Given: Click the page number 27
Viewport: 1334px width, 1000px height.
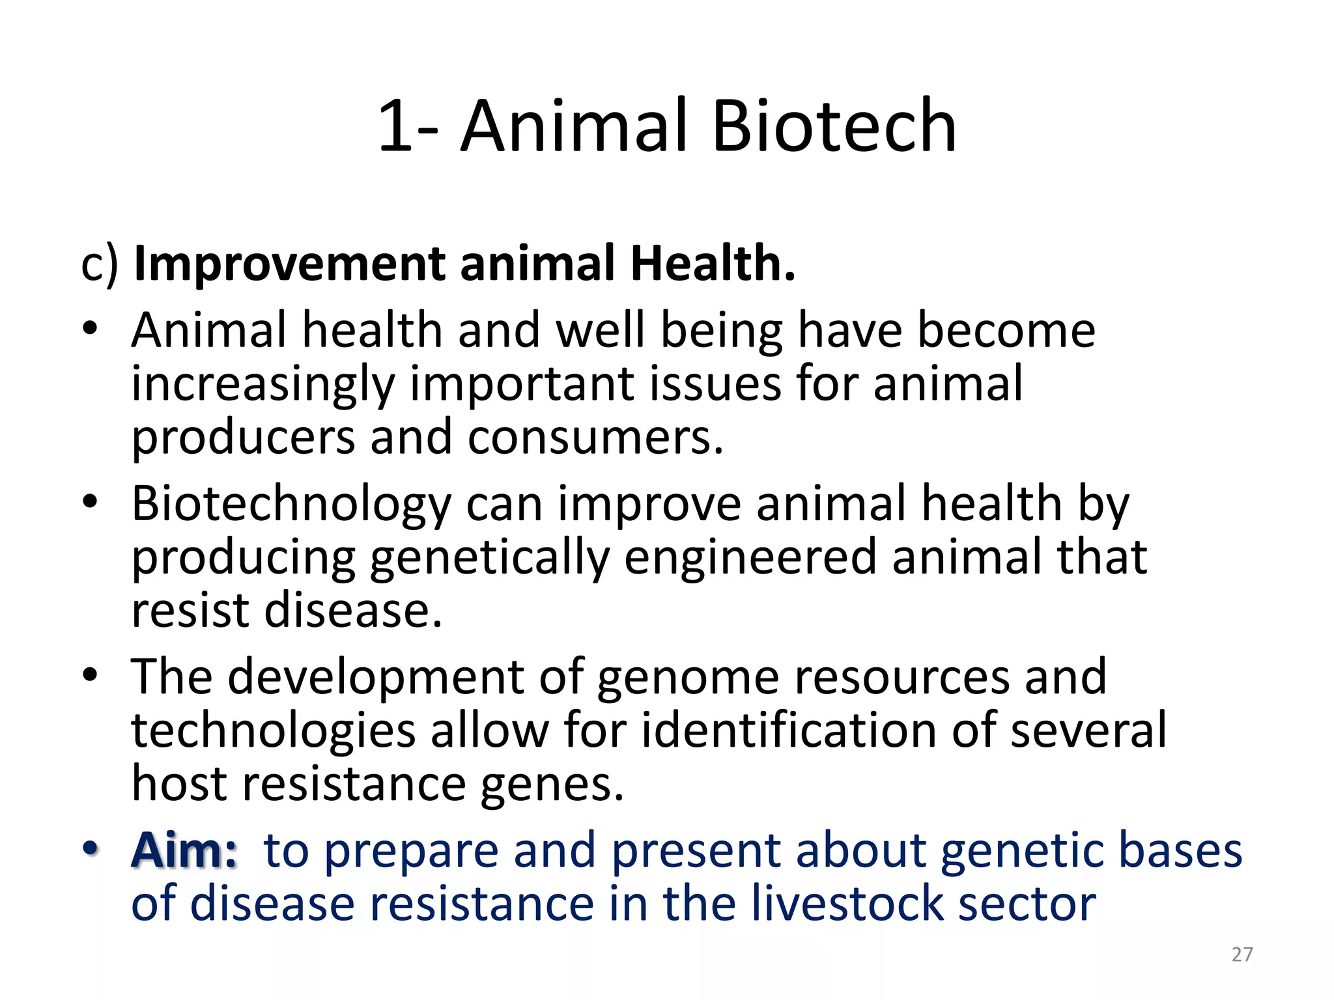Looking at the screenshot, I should pyautogui.click(x=1242, y=954).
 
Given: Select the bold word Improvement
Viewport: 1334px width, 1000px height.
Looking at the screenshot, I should pyautogui.click(x=289, y=264).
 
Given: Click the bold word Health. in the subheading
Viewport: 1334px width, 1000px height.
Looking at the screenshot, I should pyautogui.click(x=713, y=264).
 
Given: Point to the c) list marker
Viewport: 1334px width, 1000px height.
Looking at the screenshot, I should pyautogui.click(x=99, y=265).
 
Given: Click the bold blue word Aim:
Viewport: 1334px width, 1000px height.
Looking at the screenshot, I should pyautogui.click(x=184, y=851).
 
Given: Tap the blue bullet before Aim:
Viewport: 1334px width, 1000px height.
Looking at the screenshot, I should pyautogui.click(x=91, y=848).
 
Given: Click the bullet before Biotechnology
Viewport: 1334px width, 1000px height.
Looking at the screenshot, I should pyautogui.click(x=91, y=501).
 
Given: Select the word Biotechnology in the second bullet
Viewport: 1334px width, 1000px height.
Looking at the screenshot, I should pyautogui.click(x=291, y=505).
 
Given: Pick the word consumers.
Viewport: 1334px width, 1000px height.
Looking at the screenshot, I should pyautogui.click(x=595, y=437).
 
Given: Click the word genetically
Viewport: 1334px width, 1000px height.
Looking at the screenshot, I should pyautogui.click(x=490, y=559).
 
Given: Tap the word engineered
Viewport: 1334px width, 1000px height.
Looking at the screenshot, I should pyautogui.click(x=750, y=559).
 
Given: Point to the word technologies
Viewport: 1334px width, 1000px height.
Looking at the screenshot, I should pyautogui.click(x=273, y=730).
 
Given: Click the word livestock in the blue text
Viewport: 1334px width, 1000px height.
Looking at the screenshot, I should pyautogui.click(x=847, y=904).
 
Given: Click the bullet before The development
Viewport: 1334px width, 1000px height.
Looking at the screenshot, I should pyautogui.click(x=91, y=675).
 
